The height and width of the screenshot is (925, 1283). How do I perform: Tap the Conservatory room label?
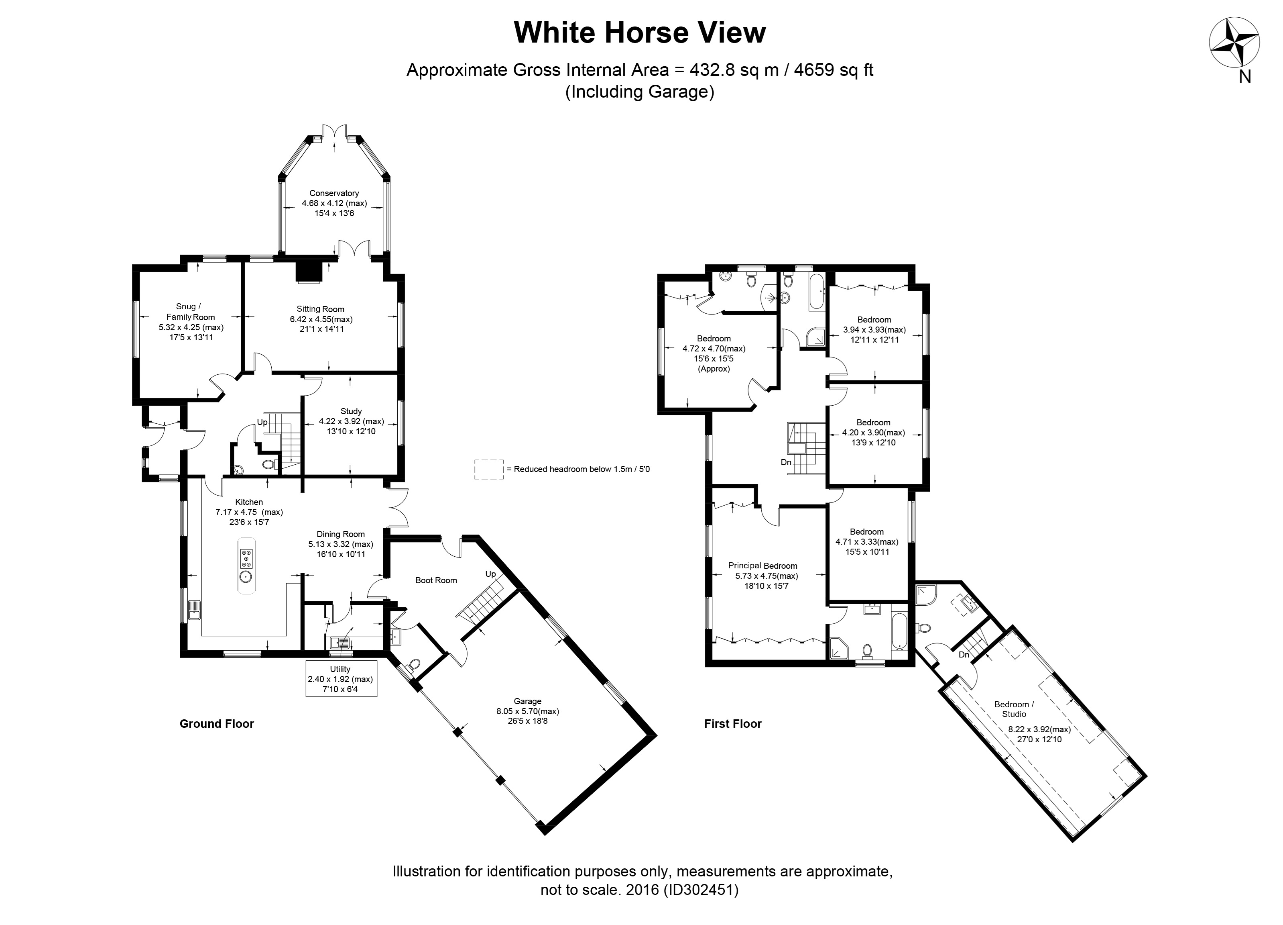[x=334, y=193]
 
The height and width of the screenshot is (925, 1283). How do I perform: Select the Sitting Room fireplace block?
[x=309, y=270]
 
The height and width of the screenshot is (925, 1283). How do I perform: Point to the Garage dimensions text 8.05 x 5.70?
[x=527, y=711]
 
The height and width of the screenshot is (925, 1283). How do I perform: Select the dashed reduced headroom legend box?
[x=489, y=469]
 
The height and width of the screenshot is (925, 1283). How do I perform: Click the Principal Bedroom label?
[x=762, y=566]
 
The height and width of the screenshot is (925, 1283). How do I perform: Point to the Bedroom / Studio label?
[x=1014, y=709]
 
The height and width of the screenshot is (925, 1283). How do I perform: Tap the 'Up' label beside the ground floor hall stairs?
[x=262, y=422]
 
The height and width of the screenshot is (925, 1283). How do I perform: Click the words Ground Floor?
[x=217, y=723]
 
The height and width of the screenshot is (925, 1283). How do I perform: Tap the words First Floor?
[x=732, y=723]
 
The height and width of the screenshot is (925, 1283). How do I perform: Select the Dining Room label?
[x=341, y=534]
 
